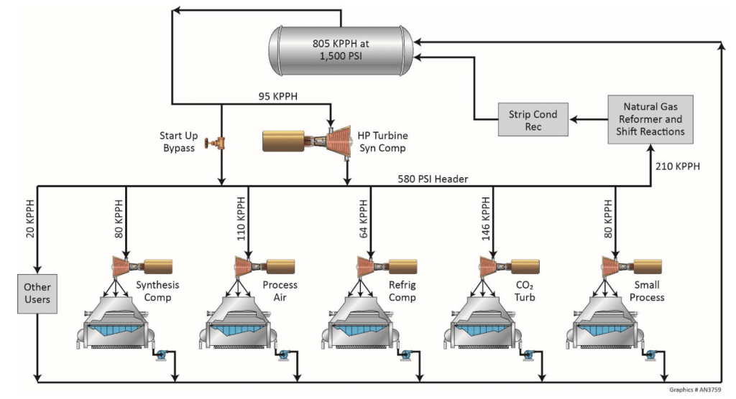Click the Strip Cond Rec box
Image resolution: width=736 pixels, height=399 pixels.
pos(533,120)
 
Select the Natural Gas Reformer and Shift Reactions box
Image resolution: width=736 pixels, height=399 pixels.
pos(649,119)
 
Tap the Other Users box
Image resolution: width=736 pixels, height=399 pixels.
pos(37,293)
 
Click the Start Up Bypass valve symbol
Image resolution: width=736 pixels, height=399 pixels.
pos(214,142)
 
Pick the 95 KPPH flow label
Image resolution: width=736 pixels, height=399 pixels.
pos(277,95)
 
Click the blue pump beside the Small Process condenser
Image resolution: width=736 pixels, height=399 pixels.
pos(653,354)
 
